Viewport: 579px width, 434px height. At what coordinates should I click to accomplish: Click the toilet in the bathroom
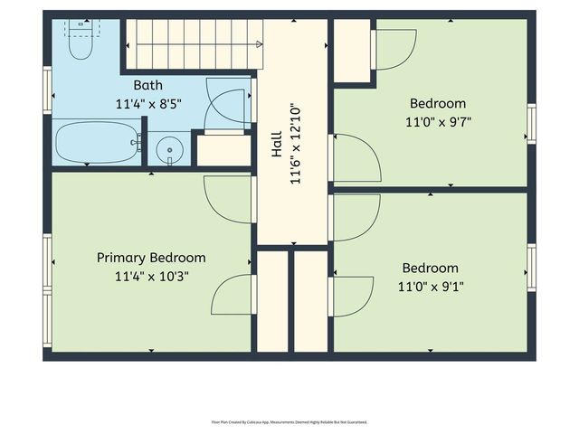[x=81, y=41]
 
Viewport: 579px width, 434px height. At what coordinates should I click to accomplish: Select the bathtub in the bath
[x=96, y=143]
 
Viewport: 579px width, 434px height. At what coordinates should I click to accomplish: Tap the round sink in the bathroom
[x=168, y=148]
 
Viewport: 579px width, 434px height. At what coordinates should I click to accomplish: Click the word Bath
[x=148, y=85]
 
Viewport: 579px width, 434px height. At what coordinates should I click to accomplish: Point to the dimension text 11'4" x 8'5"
[x=148, y=103]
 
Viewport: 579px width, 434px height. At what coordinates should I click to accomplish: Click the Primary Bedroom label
[x=151, y=258]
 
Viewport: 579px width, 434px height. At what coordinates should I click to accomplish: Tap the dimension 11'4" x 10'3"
[x=151, y=276]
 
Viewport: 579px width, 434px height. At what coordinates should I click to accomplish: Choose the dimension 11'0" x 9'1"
[x=430, y=286]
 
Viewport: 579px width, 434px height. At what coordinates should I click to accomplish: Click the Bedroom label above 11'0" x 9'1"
[x=430, y=268]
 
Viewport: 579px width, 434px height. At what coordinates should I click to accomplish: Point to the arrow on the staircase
[x=259, y=43]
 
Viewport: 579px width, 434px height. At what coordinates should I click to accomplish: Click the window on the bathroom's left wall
[x=47, y=90]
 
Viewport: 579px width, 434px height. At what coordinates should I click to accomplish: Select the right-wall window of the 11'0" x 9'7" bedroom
[x=531, y=124]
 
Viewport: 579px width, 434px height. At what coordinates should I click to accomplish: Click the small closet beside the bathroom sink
[x=223, y=150]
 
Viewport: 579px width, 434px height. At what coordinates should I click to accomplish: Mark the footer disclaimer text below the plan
[x=289, y=421]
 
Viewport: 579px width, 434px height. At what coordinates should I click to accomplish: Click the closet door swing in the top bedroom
[x=394, y=50]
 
